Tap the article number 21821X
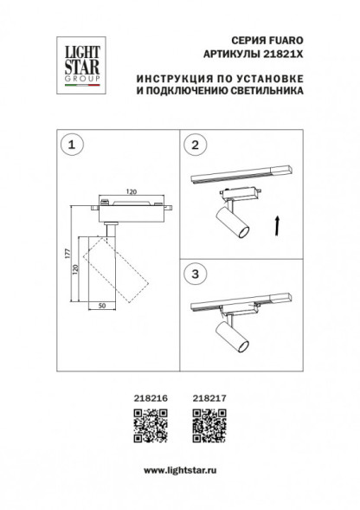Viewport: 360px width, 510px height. (284, 55)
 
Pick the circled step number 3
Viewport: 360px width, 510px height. (196, 272)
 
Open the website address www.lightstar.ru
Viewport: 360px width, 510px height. (179, 468)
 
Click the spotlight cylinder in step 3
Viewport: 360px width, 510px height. (231, 339)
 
